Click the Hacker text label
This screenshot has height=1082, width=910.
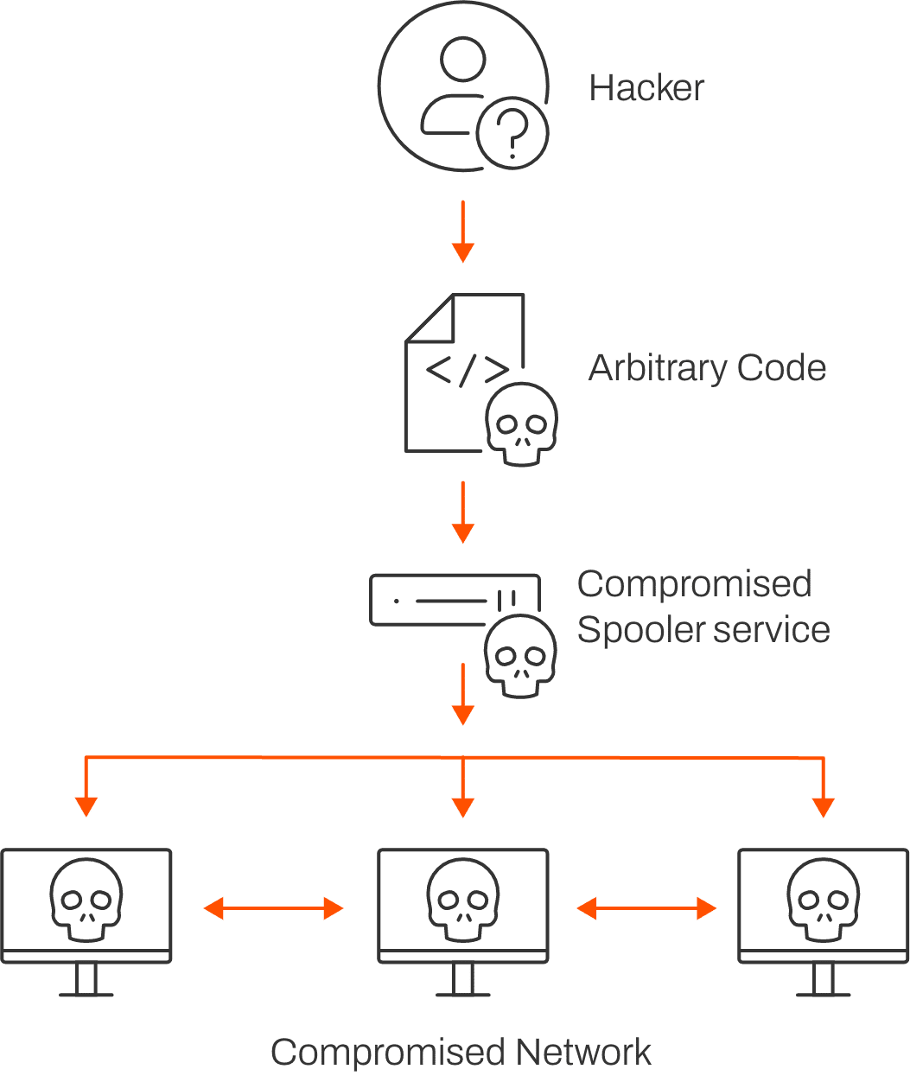[646, 87]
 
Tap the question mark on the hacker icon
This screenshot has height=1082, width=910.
[512, 135]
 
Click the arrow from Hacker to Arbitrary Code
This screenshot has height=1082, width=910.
[463, 230]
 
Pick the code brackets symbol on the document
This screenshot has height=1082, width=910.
[468, 369]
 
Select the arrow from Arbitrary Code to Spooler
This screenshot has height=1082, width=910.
[463, 512]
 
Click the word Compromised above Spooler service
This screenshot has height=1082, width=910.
[694, 584]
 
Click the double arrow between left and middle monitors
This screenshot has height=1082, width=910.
[274, 907]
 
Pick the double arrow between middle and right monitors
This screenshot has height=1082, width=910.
[647, 907]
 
